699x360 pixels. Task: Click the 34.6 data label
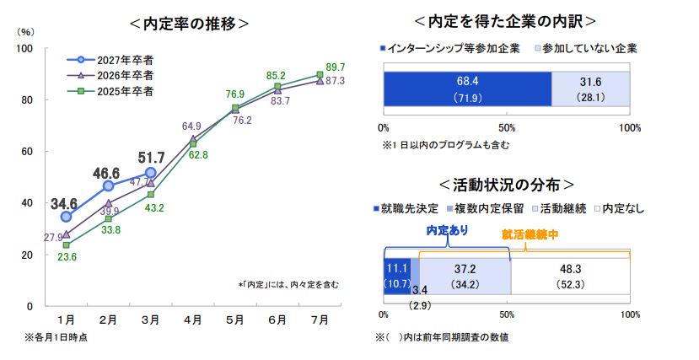pos(64,203)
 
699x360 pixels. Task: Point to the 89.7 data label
pos(334,66)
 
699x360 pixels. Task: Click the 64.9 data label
pos(192,126)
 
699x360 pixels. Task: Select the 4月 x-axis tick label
pos(193,320)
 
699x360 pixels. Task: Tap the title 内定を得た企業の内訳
pos(506,20)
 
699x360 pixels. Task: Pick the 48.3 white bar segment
pos(570,276)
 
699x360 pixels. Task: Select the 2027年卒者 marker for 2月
pos(108,185)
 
